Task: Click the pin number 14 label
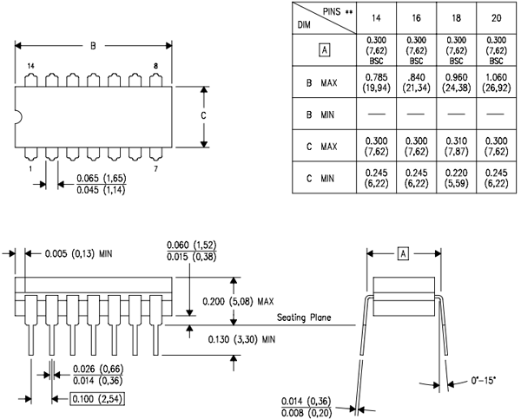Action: tap(30, 67)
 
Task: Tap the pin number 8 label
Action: tap(155, 67)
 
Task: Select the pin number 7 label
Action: tap(155, 169)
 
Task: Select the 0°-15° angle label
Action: tap(483, 380)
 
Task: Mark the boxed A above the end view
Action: tap(402, 253)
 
